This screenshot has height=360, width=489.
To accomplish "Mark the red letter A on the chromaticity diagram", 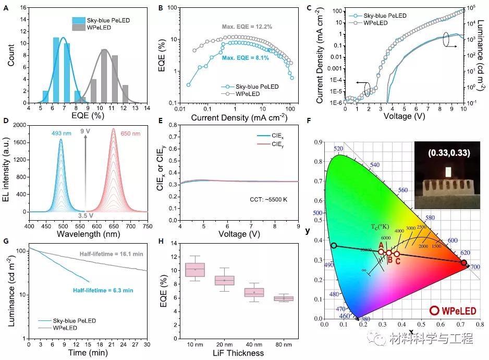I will point(381,245).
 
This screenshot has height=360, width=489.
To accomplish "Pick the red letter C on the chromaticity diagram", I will point(398,261).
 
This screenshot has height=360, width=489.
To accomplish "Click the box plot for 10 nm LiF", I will point(195,269).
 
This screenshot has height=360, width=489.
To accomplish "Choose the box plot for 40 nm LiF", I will point(254,292).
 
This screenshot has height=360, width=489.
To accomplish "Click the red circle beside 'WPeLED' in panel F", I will point(434,310).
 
